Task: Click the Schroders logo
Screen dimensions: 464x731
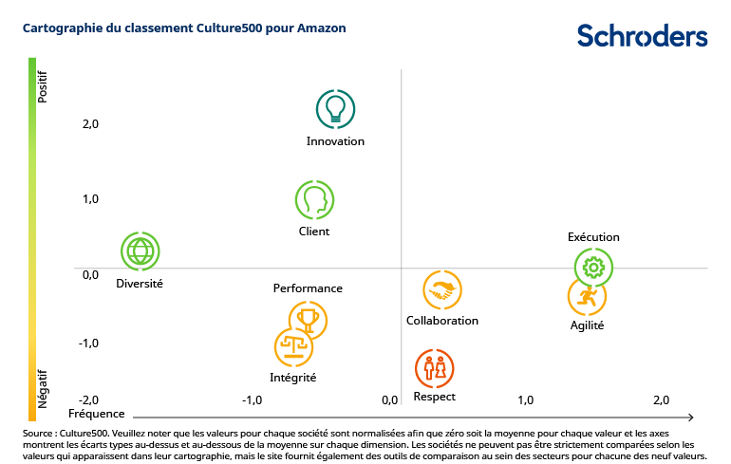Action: (642, 35)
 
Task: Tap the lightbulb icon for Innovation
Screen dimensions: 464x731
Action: (334, 109)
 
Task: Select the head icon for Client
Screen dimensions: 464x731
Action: (314, 199)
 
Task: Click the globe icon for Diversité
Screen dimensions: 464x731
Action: (141, 251)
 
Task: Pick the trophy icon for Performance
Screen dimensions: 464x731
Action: (308, 320)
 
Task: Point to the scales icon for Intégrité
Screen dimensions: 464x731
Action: (293, 347)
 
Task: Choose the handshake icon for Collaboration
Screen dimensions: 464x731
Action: (441, 291)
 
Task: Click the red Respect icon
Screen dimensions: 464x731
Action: (434, 367)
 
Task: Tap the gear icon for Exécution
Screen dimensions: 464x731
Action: (593, 268)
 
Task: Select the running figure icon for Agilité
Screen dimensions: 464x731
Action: (587, 297)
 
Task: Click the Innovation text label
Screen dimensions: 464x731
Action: (335, 141)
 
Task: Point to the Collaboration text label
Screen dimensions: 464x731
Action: (442, 321)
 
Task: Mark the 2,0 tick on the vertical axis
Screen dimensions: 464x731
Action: (90, 123)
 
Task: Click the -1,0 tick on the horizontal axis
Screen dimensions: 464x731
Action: (252, 400)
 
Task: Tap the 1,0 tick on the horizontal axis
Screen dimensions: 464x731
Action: (525, 400)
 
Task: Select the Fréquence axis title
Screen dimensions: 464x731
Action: (96, 415)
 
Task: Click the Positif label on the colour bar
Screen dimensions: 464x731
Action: (42, 85)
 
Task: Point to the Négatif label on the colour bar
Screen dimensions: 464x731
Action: (42, 389)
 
